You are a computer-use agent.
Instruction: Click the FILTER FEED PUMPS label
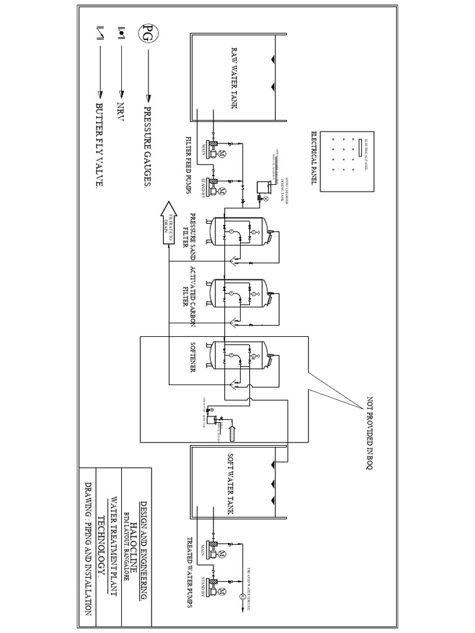188,164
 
